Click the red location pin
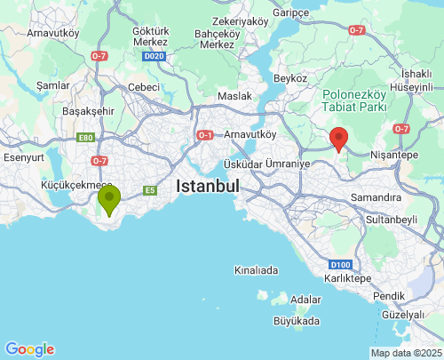(x=338, y=139)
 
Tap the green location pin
(x=109, y=198)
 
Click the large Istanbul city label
(x=209, y=187)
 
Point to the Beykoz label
(x=290, y=78)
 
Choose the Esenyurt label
(x=24, y=156)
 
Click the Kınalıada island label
(x=256, y=269)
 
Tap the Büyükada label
(x=297, y=320)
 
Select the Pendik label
(x=389, y=295)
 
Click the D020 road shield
(x=154, y=56)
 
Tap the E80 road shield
(x=86, y=138)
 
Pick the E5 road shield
(x=150, y=189)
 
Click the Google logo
(x=29, y=349)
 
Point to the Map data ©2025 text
(x=405, y=353)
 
